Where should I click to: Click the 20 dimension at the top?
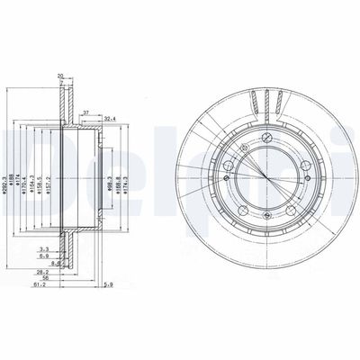coord(61,76)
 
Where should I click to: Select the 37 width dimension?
coord(86,112)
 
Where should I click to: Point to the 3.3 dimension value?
coord(44,249)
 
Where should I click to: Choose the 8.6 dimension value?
coord(56,263)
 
